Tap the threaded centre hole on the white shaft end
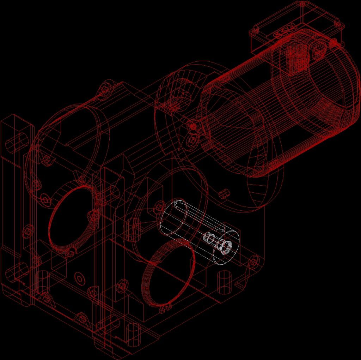click(225, 246)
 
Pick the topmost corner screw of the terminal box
click(302, 4)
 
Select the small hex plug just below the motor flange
click(223, 194)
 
